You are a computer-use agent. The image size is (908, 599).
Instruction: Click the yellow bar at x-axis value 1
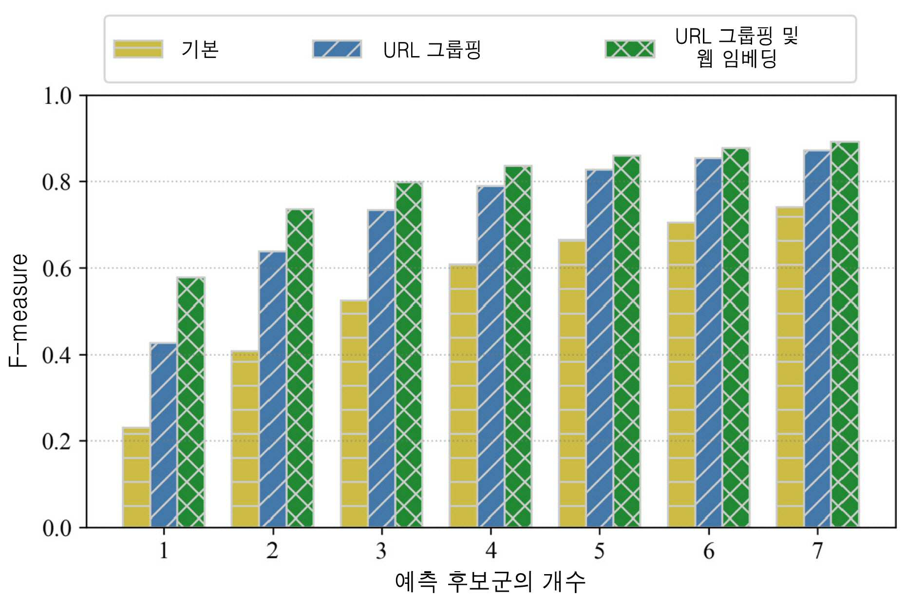pyautogui.click(x=136, y=477)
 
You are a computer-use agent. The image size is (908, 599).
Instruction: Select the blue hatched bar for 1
pyautogui.click(x=164, y=435)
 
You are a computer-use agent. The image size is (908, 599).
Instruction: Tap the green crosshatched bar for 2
pyautogui.click(x=300, y=368)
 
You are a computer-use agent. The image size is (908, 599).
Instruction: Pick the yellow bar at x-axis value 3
pyautogui.click(x=354, y=414)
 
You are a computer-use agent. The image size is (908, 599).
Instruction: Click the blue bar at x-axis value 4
pyautogui.click(x=491, y=357)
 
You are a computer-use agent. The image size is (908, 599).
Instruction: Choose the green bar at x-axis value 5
pyautogui.click(x=627, y=341)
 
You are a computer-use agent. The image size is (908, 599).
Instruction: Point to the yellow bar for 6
pyautogui.click(x=681, y=375)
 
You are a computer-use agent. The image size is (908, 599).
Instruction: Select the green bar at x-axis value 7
pyautogui.click(x=845, y=335)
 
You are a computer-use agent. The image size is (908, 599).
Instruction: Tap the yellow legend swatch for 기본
pyautogui.click(x=138, y=49)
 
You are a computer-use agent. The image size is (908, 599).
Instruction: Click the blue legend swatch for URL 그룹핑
pyautogui.click(x=337, y=49)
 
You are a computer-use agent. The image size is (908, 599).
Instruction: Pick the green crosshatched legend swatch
pyautogui.click(x=630, y=49)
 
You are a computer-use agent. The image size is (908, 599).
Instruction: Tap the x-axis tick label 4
pyautogui.click(x=491, y=551)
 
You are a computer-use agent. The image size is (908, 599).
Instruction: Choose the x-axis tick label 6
pyautogui.click(x=709, y=551)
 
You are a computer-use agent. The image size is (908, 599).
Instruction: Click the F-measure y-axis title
pyautogui.click(x=18, y=311)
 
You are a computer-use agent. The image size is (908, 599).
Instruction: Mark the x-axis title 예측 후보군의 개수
pyautogui.click(x=490, y=582)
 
